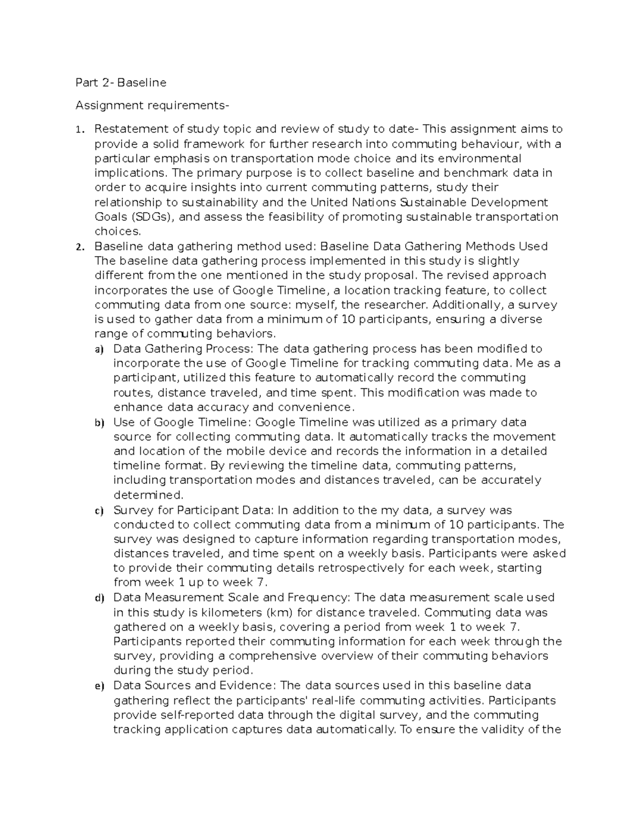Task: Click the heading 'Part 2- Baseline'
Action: point(121,83)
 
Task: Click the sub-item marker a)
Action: point(98,350)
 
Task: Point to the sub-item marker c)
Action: point(98,511)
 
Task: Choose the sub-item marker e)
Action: point(98,686)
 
